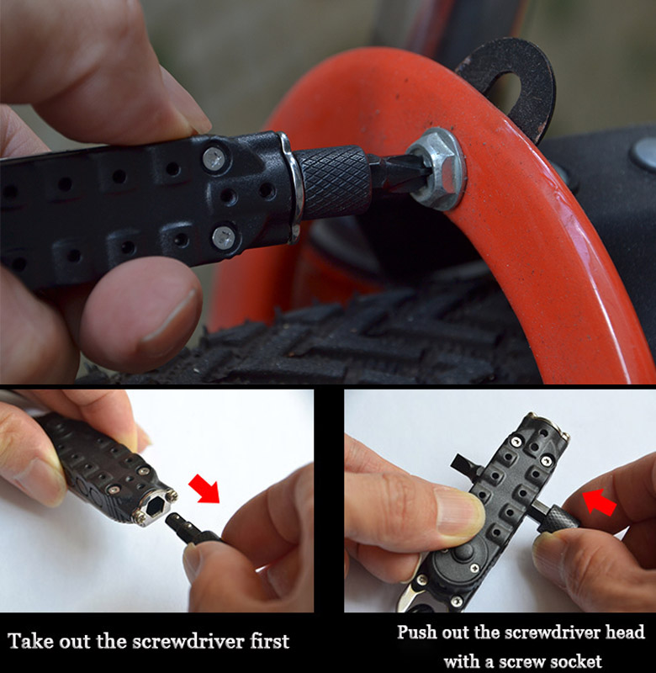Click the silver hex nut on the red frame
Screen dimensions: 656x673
coord(436,170)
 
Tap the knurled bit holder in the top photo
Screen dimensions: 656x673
coord(333,182)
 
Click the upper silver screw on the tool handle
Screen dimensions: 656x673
coord(214,158)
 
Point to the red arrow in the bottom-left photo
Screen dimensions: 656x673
coord(205,488)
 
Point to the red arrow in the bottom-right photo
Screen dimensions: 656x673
coord(599,502)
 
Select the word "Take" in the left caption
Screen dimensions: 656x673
coord(30,642)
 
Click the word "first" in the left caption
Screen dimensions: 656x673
coord(270,642)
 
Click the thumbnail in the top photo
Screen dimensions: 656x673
coord(171,316)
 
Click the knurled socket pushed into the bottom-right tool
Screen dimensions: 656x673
coord(562,518)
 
